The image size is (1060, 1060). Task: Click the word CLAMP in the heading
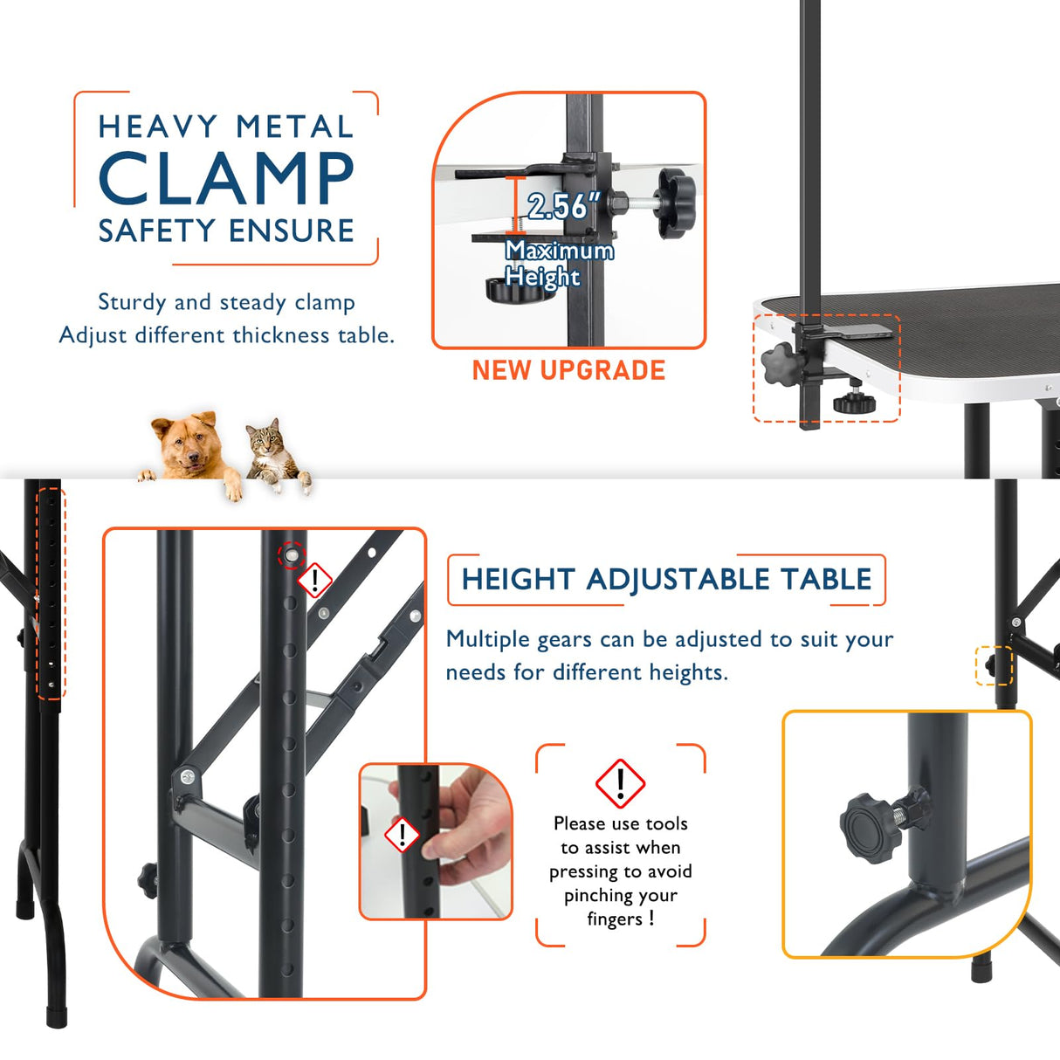226,178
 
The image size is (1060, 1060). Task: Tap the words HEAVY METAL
226,127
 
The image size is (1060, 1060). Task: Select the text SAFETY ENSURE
226,231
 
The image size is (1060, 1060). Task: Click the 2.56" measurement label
563,206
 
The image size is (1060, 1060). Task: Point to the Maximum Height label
559,263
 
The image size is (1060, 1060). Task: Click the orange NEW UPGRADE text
568,370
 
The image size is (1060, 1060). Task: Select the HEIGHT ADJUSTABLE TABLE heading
666,579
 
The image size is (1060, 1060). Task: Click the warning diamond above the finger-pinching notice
620,783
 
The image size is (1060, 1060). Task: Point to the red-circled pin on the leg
291,554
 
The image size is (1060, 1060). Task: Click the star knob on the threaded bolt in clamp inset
676,203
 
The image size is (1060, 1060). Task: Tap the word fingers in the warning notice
615,919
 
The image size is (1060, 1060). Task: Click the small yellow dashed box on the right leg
993,665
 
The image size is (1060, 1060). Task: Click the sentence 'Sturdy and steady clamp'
226,302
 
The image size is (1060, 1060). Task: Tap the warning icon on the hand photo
403,836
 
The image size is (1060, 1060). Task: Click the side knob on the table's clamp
778,363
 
